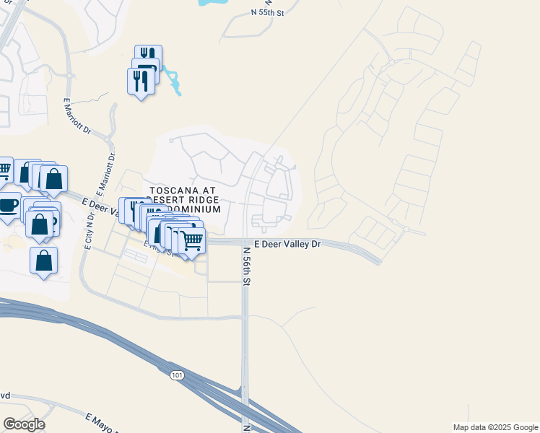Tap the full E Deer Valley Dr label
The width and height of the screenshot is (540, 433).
coord(285,245)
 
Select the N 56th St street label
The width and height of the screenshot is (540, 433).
coord(246,268)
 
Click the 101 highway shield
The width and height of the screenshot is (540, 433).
coord(178,375)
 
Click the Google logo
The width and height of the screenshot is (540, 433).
coord(24,424)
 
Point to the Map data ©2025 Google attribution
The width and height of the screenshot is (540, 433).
coord(495,427)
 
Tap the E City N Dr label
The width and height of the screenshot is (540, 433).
coord(89,232)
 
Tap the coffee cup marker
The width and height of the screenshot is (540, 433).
coord(9,206)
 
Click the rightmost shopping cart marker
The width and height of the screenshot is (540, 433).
coord(192,242)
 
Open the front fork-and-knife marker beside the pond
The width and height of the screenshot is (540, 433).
coord(140,82)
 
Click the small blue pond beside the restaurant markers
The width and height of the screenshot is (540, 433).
coord(174,83)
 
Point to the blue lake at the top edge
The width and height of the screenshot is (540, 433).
coord(209,4)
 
